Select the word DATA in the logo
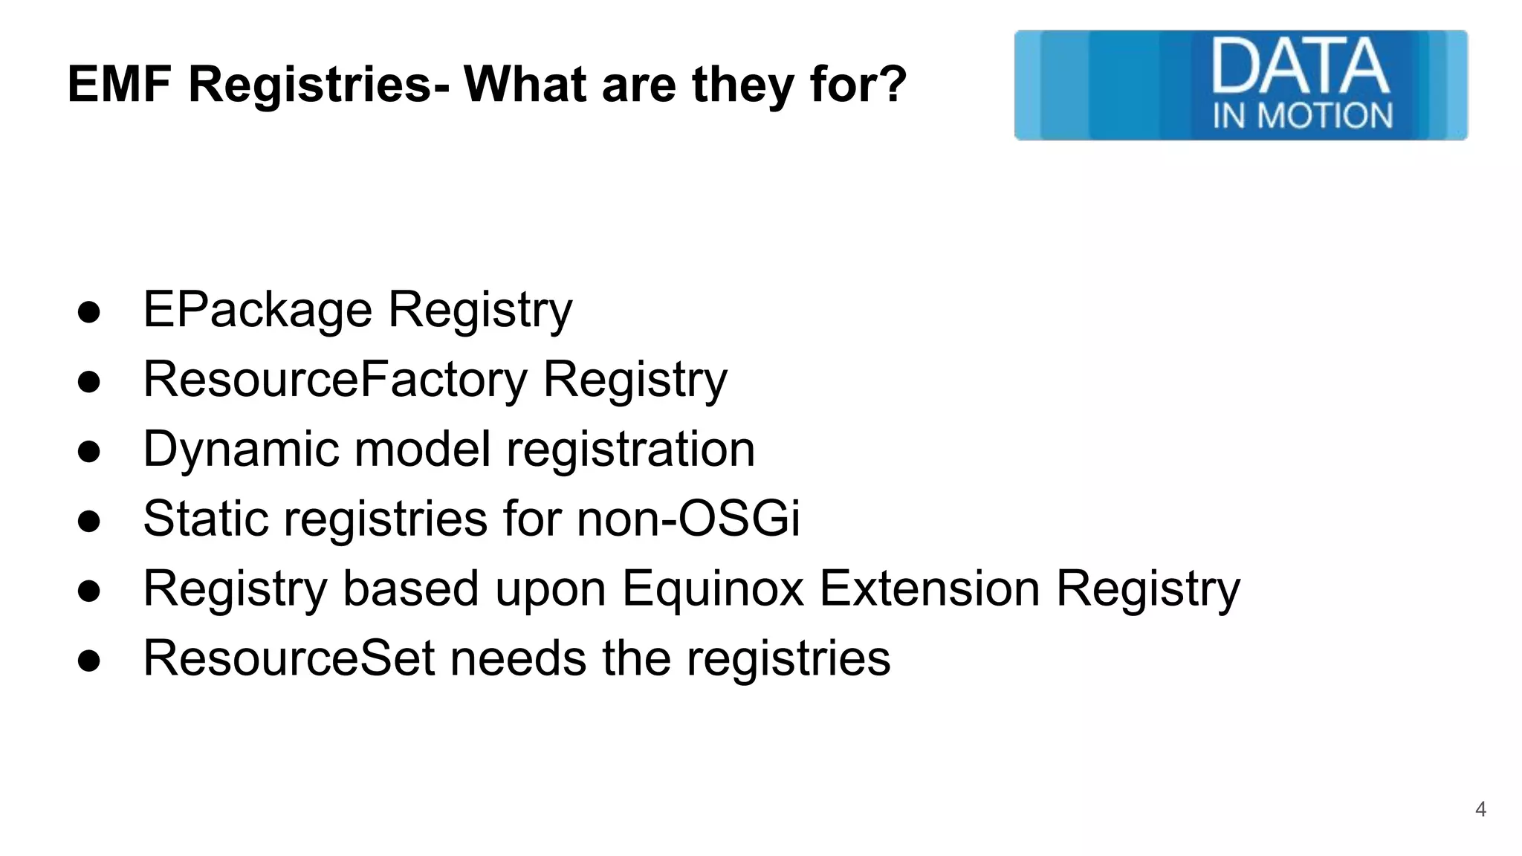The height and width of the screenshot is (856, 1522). click(1301, 66)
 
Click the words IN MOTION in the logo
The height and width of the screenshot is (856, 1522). click(1303, 116)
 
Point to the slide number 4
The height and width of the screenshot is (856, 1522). click(1480, 809)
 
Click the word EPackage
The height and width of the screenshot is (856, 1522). click(257, 310)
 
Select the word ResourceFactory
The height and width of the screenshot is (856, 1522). click(335, 379)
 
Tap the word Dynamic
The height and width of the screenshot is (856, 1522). click(241, 450)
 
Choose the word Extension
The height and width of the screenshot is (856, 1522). click(929, 588)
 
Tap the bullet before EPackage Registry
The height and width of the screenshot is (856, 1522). click(88, 312)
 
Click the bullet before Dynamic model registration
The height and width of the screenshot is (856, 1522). click(88, 452)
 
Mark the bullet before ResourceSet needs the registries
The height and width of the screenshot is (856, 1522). click(88, 661)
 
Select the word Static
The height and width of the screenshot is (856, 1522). click(206, 518)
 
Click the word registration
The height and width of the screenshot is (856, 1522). click(630, 450)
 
